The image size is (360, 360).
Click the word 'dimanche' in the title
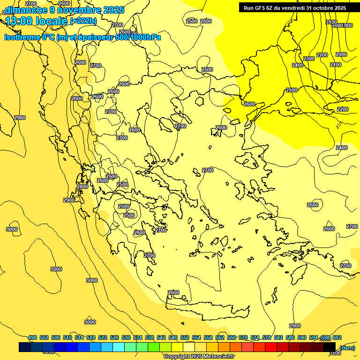(26, 10)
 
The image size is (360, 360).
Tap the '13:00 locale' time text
(37, 21)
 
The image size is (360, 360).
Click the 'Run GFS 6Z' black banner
(294, 8)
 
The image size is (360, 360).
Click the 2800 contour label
(82, 187)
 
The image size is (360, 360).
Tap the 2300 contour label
(309, 59)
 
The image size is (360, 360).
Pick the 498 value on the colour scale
(32, 337)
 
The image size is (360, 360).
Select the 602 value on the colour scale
(337, 337)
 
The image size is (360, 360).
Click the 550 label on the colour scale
(185, 337)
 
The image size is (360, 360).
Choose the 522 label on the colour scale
(103, 337)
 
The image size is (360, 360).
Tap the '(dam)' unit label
(347, 347)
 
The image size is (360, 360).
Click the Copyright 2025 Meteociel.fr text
(199, 357)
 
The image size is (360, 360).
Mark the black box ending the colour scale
(330, 347)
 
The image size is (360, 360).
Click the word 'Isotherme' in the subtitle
(22, 37)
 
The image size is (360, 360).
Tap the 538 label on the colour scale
(150, 337)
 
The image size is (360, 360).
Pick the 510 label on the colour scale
(67, 337)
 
